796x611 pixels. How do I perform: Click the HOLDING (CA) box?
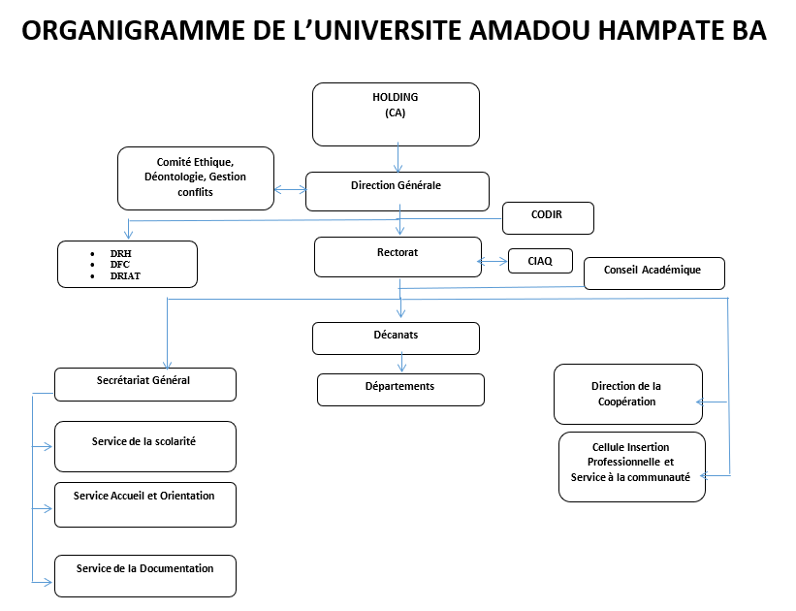[396, 114]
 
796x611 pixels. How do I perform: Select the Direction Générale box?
[398, 191]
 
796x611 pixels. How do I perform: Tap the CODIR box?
[548, 218]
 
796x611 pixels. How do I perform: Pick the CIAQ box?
[541, 261]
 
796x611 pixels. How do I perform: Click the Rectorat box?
[398, 257]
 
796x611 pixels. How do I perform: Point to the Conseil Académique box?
[654, 273]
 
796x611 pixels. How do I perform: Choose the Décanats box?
[396, 338]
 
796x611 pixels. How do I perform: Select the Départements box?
[401, 390]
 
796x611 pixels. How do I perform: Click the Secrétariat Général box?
[145, 384]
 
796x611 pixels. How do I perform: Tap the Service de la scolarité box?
[145, 446]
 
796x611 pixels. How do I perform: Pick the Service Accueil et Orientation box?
[145, 505]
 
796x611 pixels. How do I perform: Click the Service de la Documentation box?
[145, 576]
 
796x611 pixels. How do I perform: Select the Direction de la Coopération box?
[628, 394]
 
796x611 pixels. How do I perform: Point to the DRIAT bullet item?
[125, 275]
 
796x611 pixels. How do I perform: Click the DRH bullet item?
[121, 253]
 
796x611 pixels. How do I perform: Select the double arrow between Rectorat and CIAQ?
[493, 262]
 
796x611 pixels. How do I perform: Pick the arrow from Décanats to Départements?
[402, 362]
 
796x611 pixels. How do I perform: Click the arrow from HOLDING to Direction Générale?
[398, 157]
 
